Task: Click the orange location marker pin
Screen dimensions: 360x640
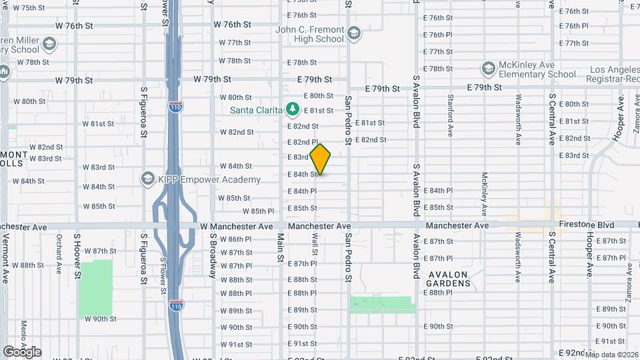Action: pyautogui.click(x=320, y=159)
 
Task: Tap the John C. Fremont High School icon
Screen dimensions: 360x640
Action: pyautogui.click(x=353, y=33)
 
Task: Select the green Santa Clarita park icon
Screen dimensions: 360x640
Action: pyautogui.click(x=291, y=109)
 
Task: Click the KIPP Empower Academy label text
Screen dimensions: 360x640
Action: pyautogui.click(x=209, y=180)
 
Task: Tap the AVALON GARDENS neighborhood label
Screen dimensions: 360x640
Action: pyautogui.click(x=449, y=279)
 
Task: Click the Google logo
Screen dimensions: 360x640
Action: pyautogui.click(x=22, y=351)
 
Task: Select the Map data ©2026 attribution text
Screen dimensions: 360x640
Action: pyautogui.click(x=611, y=355)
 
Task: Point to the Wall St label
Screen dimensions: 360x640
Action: pyautogui.click(x=314, y=247)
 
